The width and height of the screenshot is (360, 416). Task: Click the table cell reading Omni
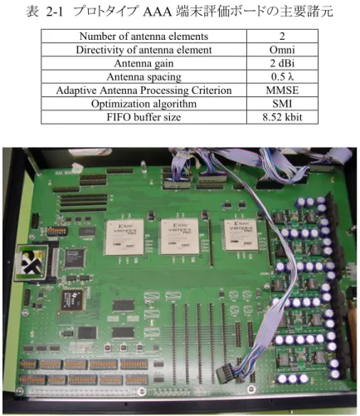[x=282, y=50]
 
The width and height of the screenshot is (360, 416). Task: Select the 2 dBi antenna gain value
[x=282, y=63]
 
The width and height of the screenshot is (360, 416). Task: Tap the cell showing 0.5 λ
[x=282, y=76]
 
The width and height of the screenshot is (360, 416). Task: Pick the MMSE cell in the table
[x=282, y=91]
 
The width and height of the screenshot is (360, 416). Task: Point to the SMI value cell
[x=282, y=104]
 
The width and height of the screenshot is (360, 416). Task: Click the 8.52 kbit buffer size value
[x=282, y=117]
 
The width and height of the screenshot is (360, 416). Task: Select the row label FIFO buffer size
[x=144, y=117]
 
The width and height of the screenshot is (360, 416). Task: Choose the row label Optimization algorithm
[x=144, y=104]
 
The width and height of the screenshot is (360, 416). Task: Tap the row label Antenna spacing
[x=144, y=76]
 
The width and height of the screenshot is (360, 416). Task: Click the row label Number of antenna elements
[x=144, y=37]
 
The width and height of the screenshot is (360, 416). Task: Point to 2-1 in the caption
[x=55, y=12]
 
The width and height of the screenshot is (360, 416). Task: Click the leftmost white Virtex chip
[x=125, y=237]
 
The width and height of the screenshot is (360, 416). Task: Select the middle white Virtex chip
[x=180, y=236]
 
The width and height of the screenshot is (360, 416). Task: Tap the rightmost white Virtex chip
[x=241, y=235]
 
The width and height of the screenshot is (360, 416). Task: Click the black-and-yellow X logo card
[x=32, y=262]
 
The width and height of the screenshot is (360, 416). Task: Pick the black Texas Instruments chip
[x=72, y=300]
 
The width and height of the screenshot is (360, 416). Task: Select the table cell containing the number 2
[x=282, y=37]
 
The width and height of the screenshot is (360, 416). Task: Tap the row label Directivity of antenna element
[x=144, y=50]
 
